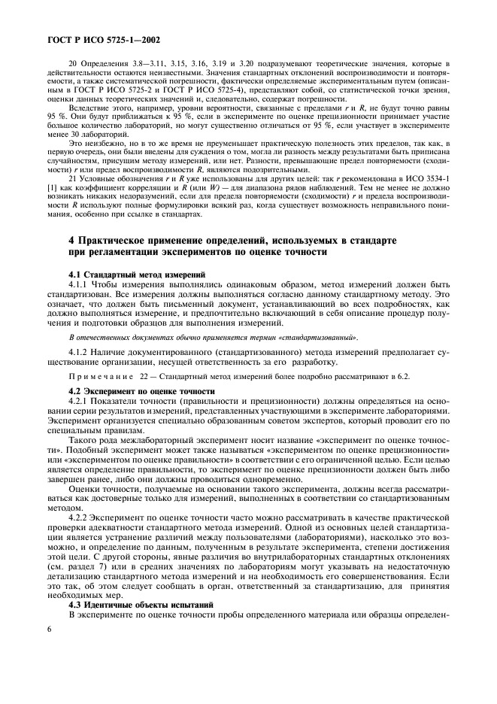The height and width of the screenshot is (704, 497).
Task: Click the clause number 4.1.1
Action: [78, 285]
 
